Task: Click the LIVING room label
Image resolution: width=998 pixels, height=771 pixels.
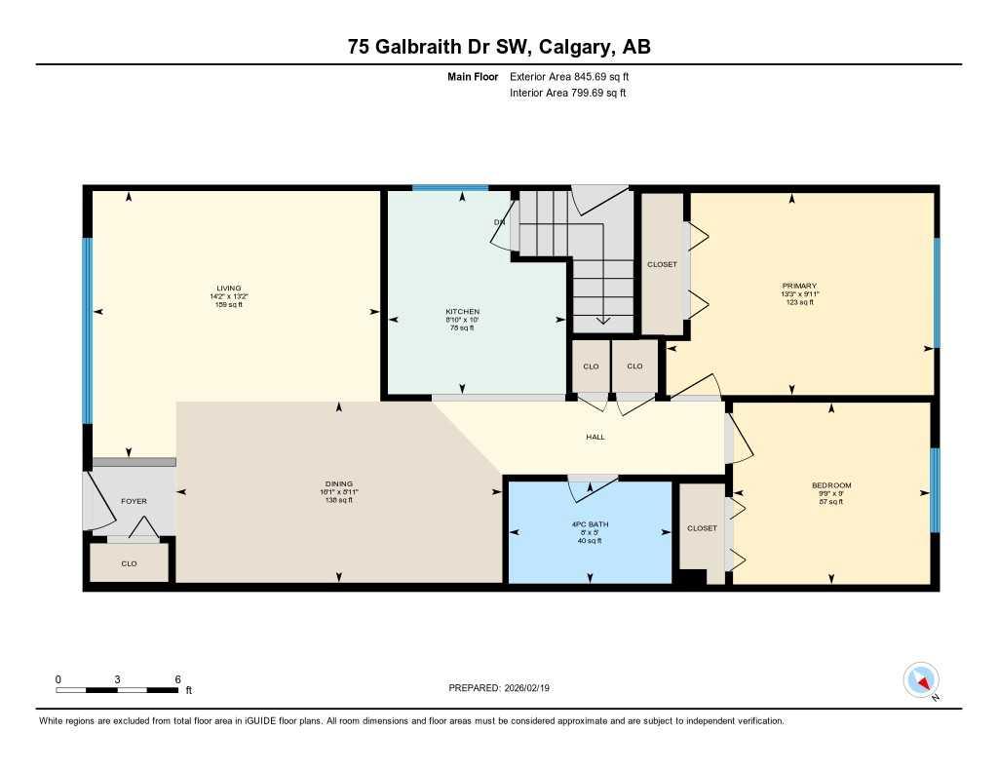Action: click(228, 288)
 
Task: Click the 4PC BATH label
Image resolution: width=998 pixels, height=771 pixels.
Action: click(590, 524)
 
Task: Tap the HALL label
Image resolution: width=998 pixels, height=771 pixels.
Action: click(595, 437)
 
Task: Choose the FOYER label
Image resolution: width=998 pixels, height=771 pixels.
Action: click(134, 501)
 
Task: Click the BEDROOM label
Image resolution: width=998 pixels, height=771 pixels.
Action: click(831, 485)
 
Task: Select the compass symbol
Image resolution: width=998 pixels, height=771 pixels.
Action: click(921, 680)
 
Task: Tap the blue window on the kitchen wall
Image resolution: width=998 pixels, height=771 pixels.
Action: click(449, 187)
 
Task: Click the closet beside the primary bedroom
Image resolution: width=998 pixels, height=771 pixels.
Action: click(663, 264)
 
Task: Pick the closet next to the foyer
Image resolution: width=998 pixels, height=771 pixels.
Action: click(129, 563)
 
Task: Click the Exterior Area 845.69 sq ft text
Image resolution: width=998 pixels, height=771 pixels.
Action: click(576, 76)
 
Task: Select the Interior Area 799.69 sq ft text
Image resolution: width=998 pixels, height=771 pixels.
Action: click(567, 94)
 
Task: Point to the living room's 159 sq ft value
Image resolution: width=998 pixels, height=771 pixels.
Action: click(228, 305)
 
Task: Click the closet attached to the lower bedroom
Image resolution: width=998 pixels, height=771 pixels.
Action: click(702, 528)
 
